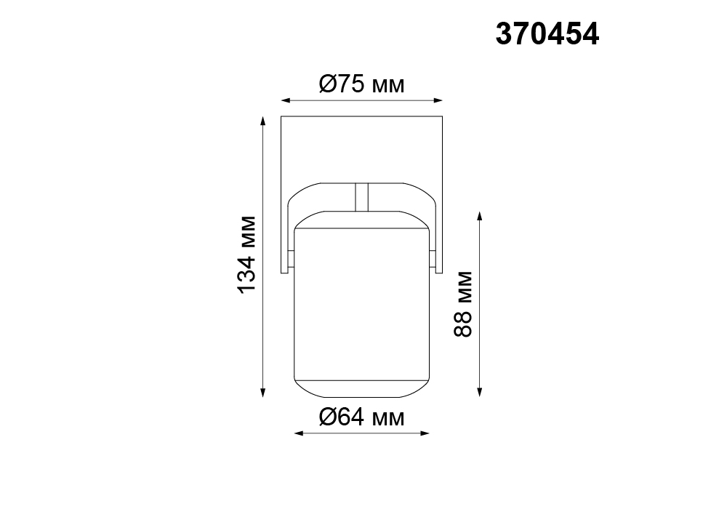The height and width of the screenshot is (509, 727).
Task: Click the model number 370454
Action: pyautogui.click(x=547, y=34)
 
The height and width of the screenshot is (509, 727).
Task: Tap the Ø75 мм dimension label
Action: pyautogui.click(x=361, y=84)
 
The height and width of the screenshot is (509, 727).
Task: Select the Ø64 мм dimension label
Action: pyautogui.click(x=361, y=417)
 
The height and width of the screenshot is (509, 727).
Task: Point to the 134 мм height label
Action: pyautogui.click(x=246, y=254)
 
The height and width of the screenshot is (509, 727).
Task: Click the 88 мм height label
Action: pyautogui.click(x=462, y=304)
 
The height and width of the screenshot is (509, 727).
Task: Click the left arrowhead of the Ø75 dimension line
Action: pyautogui.click(x=286, y=100)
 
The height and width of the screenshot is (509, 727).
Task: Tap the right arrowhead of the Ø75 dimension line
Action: pyautogui.click(x=438, y=100)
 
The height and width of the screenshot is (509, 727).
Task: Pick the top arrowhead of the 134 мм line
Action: pyautogui.click(x=263, y=121)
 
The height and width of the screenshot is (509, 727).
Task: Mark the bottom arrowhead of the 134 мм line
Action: pyautogui.click(x=263, y=393)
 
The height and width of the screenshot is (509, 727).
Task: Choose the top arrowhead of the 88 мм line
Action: pyautogui.click(x=480, y=216)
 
